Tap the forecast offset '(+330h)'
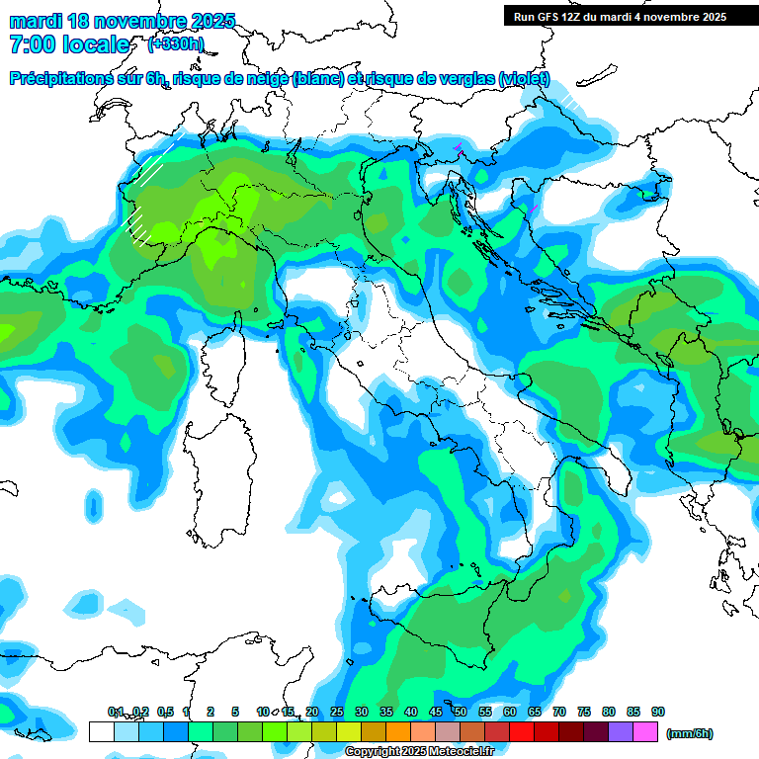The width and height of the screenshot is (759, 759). click(175, 43)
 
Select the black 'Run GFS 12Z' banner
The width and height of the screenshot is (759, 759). click(631, 16)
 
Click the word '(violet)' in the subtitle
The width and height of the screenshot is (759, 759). click(524, 79)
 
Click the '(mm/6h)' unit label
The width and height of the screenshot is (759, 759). click(689, 733)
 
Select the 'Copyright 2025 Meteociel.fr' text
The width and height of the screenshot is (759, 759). click(419, 752)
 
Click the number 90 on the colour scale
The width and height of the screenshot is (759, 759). click(658, 713)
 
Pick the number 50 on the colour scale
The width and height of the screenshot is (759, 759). click(461, 713)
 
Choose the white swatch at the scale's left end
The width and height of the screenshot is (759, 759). click(101, 732)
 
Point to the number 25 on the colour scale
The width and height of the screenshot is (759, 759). click(337, 713)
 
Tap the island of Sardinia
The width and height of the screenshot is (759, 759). click(212, 494)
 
